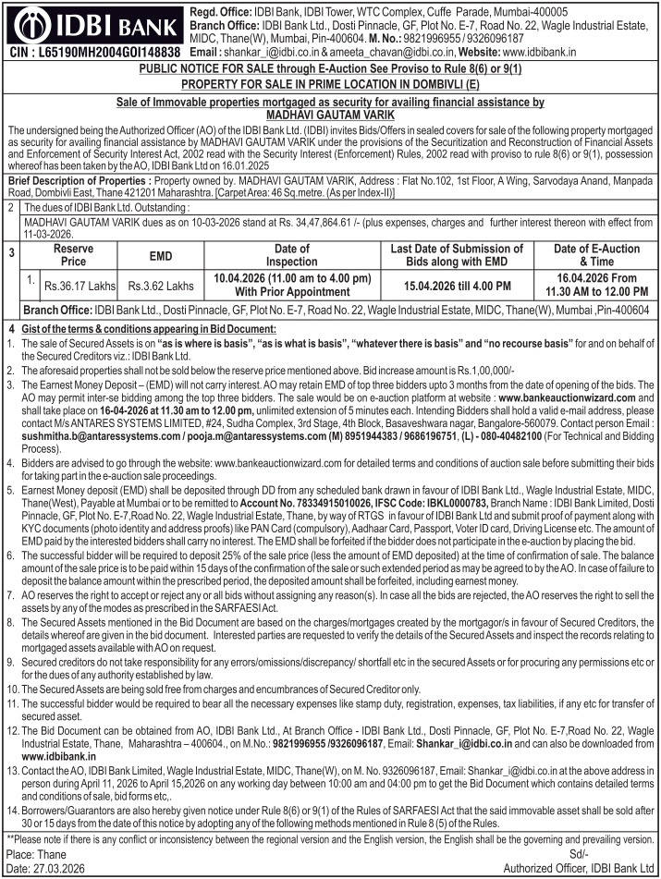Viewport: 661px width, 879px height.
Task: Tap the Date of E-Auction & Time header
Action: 597,255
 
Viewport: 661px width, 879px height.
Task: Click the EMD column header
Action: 161,255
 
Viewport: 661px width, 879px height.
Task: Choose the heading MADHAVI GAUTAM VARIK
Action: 330,115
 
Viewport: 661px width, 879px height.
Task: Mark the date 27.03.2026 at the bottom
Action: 56,868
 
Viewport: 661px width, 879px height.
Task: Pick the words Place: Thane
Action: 36,853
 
